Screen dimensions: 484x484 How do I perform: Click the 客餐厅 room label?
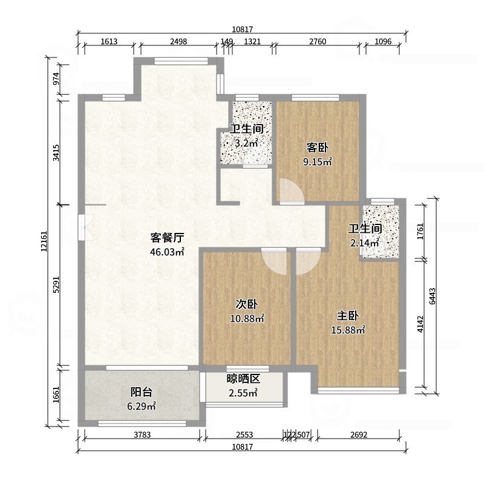(167, 238)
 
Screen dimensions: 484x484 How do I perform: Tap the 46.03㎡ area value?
(167, 252)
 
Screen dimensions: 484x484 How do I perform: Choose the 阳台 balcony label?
(142, 392)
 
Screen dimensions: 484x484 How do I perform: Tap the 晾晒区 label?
(243, 379)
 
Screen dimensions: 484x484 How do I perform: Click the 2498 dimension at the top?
(178, 42)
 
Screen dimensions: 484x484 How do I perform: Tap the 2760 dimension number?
(318, 42)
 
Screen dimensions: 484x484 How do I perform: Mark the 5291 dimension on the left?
(56, 286)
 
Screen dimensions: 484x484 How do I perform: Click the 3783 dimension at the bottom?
(141, 434)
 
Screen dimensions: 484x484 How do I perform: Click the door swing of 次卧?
(274, 262)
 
